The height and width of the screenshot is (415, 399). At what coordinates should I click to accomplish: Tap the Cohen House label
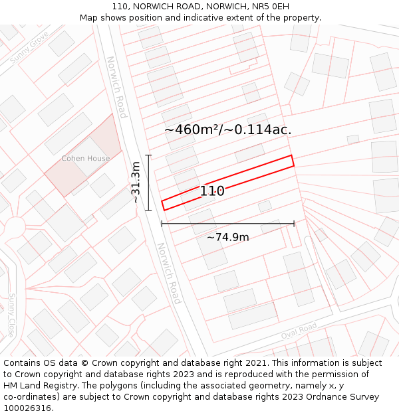pos(85,159)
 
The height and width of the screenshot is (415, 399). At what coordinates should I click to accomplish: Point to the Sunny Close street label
pos(11,315)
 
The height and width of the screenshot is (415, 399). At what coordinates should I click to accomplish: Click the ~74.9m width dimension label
pos(227,238)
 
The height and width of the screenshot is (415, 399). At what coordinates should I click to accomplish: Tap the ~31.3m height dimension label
pos(136,183)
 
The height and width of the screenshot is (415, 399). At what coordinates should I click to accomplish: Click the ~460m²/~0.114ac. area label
pos(227,129)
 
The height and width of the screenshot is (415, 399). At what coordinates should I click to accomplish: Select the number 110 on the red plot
pos(212,191)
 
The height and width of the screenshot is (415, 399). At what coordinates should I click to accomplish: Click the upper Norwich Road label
pos(116,87)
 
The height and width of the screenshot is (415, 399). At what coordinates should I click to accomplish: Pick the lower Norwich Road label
pos(169,273)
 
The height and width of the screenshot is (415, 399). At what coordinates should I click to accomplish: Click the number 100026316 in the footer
pos(27,408)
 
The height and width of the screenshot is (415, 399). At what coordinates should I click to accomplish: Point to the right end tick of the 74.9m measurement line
pos(294,224)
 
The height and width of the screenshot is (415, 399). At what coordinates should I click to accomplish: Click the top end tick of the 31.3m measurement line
pos(148,155)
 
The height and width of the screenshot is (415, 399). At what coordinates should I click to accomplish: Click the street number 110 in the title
pos(120,6)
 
